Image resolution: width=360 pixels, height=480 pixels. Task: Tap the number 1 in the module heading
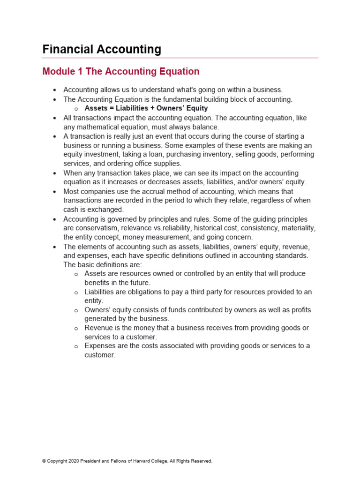81,72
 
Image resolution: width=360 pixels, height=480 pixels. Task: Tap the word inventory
214,154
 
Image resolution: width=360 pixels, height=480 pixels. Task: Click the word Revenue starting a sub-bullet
98,328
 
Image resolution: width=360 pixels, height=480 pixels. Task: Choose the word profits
300,310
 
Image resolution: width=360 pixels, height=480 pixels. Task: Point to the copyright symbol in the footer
44,461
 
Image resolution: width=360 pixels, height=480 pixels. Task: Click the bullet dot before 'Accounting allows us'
55,90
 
